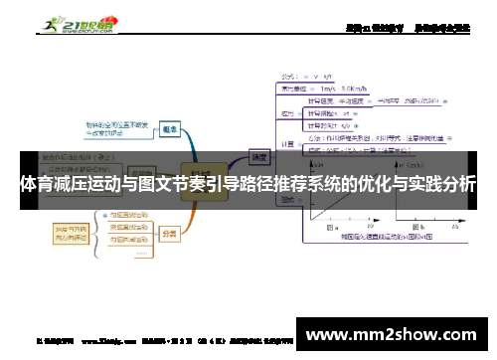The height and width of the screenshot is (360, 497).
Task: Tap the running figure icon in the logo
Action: tap(49, 21)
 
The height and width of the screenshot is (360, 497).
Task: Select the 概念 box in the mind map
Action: tap(170, 129)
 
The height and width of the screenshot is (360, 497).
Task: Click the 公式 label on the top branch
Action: tap(290, 75)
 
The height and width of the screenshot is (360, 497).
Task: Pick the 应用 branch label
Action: tap(289, 114)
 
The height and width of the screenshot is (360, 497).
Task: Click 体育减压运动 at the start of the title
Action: tap(65, 186)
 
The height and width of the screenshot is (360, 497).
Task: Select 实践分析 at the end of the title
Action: tap(441, 186)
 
